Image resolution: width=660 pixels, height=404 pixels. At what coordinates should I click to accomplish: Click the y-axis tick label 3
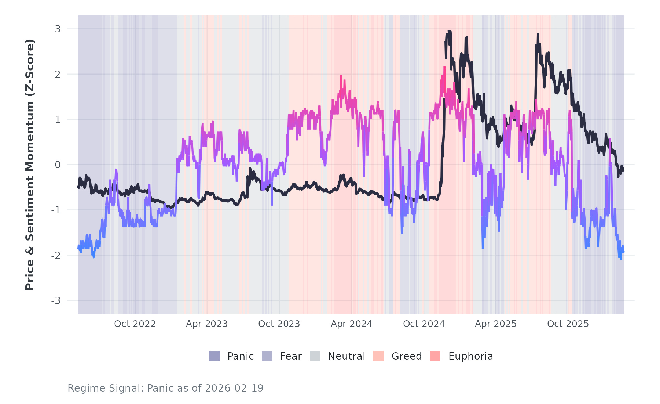pyautogui.click(x=58, y=29)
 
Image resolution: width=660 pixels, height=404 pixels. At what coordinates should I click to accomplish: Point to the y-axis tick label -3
pyautogui.click(x=56, y=301)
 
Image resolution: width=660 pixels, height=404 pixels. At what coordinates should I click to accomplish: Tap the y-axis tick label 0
pyautogui.click(x=58, y=165)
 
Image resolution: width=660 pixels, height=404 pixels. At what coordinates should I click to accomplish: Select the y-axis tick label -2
pyautogui.click(x=56, y=256)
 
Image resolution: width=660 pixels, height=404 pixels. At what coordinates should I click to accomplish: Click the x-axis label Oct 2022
pyautogui.click(x=135, y=324)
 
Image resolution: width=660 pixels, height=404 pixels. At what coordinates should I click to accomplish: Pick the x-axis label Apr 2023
pyautogui.click(x=207, y=324)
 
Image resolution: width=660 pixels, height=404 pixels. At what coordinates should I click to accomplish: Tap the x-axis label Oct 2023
pyautogui.click(x=279, y=324)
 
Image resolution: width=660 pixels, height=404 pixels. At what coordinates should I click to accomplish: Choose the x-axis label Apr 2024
pyautogui.click(x=351, y=324)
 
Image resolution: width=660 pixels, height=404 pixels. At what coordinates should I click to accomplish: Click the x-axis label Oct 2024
pyautogui.click(x=424, y=324)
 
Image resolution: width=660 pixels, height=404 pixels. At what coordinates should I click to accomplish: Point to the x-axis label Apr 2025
pyautogui.click(x=496, y=324)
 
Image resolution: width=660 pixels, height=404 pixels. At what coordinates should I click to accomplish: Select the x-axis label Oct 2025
pyautogui.click(x=568, y=324)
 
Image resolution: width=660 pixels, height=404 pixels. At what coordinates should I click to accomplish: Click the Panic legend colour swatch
pyautogui.click(x=214, y=356)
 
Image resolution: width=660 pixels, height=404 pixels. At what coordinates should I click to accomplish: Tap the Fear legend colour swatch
pyautogui.click(x=267, y=356)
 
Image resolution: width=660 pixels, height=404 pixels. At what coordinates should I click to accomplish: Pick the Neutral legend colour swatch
pyautogui.click(x=315, y=356)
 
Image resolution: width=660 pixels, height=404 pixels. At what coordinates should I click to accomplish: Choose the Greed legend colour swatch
pyautogui.click(x=378, y=356)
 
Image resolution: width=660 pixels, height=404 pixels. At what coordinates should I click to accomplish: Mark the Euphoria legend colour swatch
pyautogui.click(x=435, y=356)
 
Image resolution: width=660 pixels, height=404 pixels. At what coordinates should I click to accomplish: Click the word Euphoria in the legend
pyautogui.click(x=470, y=356)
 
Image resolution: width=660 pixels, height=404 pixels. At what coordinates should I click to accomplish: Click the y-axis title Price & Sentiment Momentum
pyautogui.click(x=30, y=165)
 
